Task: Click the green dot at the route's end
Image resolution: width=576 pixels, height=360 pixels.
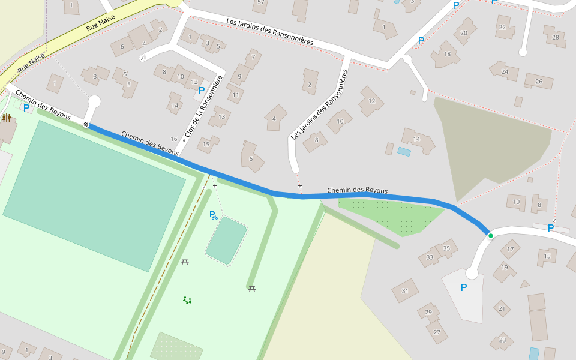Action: click(491, 236)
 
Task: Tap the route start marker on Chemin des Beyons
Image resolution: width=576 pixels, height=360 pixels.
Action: click(86, 125)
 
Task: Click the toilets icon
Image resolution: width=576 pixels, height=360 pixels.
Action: click(7, 118)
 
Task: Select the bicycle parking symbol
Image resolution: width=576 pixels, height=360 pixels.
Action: click(214, 215)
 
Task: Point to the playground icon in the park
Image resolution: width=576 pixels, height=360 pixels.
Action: click(187, 300)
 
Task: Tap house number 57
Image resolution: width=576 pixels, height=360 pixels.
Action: click(260, 2)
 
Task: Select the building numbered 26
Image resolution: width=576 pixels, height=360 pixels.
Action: click(538, 82)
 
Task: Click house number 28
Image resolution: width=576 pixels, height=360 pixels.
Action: click(556, 37)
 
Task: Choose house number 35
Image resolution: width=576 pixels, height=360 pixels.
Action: click(446, 248)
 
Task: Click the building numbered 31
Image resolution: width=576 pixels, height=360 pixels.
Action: click(405, 291)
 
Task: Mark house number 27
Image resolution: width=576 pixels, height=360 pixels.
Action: click(437, 332)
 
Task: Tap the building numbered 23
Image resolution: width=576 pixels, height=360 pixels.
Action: click(502, 340)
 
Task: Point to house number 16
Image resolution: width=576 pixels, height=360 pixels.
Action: click(174, 139)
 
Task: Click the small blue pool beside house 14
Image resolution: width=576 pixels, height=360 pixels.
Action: click(404, 152)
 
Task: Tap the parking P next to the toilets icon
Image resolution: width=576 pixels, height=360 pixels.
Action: click(26, 108)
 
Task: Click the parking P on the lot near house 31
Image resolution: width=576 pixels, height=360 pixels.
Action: click(463, 287)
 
